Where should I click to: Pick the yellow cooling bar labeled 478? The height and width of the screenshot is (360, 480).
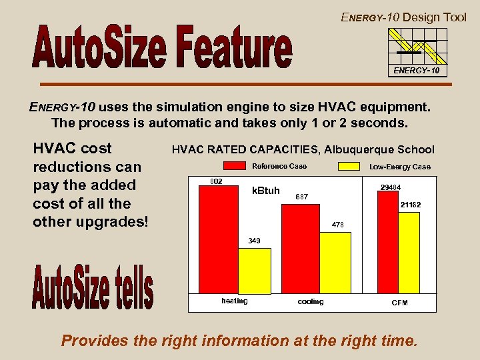tap(335, 263)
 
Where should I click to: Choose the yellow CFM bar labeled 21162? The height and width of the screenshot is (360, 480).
tap(409, 253)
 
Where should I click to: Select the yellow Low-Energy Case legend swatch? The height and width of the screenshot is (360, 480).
tap(353, 166)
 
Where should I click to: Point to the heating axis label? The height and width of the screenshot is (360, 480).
tap(235, 301)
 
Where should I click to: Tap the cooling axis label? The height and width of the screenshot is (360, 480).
tap(311, 302)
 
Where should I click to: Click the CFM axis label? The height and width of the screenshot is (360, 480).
tap(399, 303)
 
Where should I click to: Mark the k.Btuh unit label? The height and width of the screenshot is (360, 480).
tap(266, 191)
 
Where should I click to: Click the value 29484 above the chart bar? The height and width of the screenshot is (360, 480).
tap(390, 187)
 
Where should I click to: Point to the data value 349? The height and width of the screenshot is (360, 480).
tap(254, 240)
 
